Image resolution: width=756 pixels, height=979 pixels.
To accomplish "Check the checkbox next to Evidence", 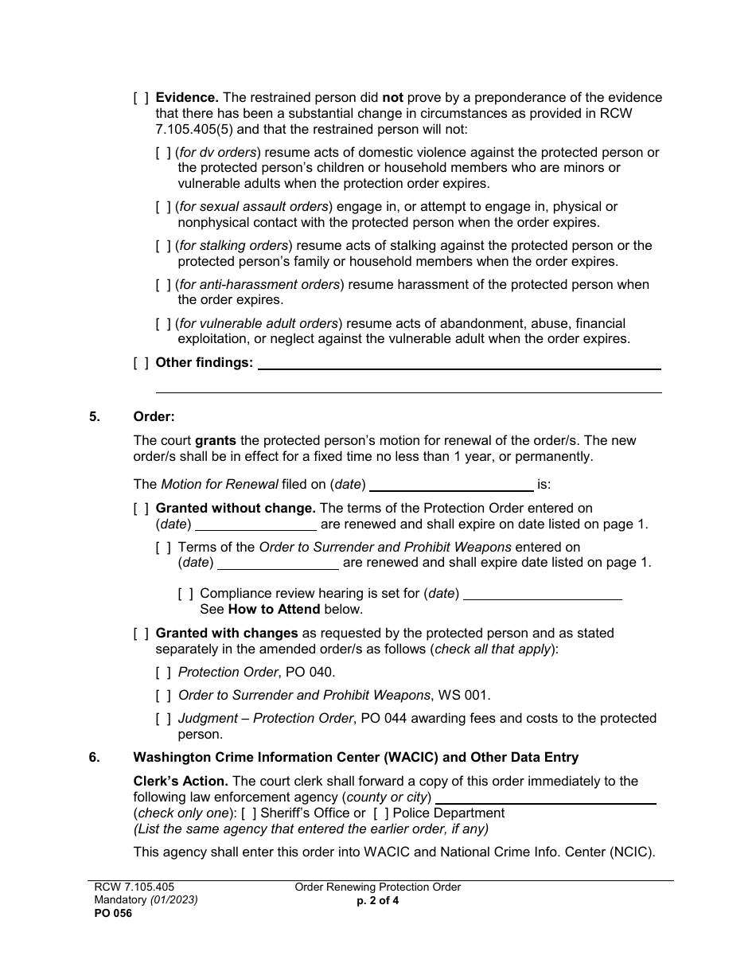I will (x=141, y=98).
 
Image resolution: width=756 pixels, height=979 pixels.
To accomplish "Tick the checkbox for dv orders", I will (x=163, y=153).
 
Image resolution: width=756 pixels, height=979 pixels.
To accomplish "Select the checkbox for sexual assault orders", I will (x=163, y=207).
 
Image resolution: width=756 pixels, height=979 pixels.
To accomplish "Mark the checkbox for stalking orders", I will (x=163, y=246).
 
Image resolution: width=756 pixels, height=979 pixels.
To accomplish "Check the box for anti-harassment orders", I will (x=163, y=285).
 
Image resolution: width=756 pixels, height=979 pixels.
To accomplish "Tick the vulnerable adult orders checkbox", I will (x=163, y=324).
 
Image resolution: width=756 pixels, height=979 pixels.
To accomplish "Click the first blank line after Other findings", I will (x=459, y=364).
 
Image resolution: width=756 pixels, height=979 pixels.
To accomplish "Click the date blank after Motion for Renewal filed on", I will (x=451, y=485).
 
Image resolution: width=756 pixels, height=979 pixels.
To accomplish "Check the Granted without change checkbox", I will (x=141, y=509).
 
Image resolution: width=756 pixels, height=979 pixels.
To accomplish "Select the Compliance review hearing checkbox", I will (x=185, y=594).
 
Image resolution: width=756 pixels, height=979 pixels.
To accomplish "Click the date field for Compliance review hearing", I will (x=542, y=594).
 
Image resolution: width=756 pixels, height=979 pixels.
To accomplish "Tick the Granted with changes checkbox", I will (x=141, y=634).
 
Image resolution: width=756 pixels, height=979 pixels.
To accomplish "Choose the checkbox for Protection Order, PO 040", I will (x=163, y=673).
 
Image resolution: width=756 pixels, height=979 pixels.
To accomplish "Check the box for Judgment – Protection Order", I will (x=163, y=719).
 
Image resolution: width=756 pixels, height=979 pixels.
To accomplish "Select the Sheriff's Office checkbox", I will (x=248, y=813).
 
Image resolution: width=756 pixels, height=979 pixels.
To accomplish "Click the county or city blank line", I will (x=546, y=798).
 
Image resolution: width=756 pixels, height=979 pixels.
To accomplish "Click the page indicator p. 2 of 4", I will (x=378, y=902).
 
